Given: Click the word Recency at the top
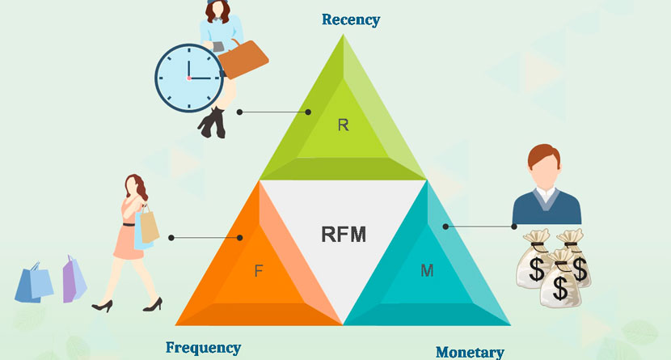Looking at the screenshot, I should click(350, 19).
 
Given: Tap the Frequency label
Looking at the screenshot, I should click(203, 348).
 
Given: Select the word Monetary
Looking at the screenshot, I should click(470, 352).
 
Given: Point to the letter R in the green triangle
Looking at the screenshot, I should click(343, 125).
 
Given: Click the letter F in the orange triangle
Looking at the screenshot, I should click(258, 271).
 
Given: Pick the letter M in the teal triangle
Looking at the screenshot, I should click(427, 271).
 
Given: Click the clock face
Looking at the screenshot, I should click(188, 77).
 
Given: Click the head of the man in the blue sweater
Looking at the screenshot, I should click(544, 166).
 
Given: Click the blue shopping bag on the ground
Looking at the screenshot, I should click(34, 282).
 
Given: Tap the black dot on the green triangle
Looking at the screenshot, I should click(308, 112).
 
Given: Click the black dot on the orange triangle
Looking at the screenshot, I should click(240, 238).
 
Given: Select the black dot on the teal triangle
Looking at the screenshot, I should click(444, 226).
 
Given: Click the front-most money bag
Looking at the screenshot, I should click(559, 284).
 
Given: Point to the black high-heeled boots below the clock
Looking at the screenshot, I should click(213, 123).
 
